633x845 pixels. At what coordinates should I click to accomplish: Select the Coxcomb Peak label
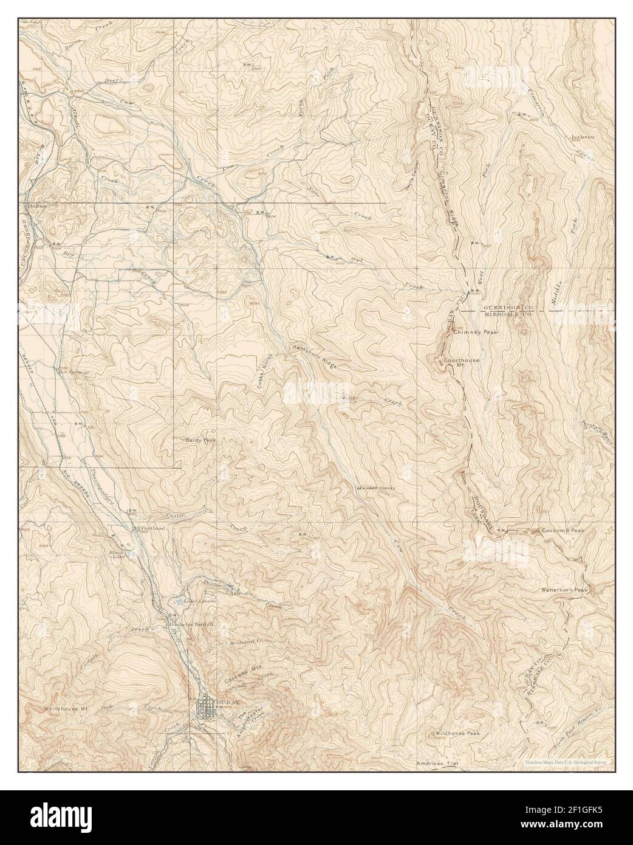(563, 531)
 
